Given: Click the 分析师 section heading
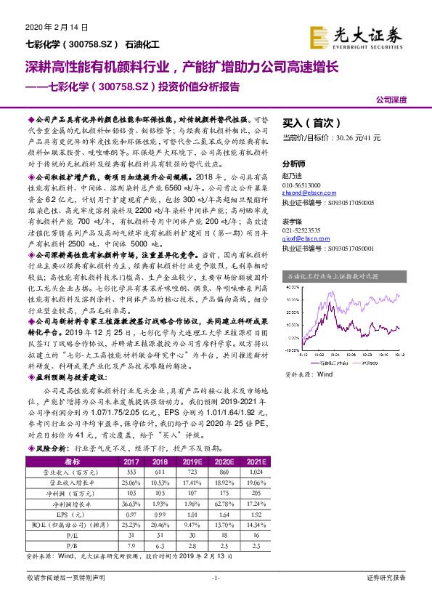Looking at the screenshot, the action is (x=294, y=164).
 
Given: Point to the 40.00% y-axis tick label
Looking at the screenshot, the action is (x=293, y=298).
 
